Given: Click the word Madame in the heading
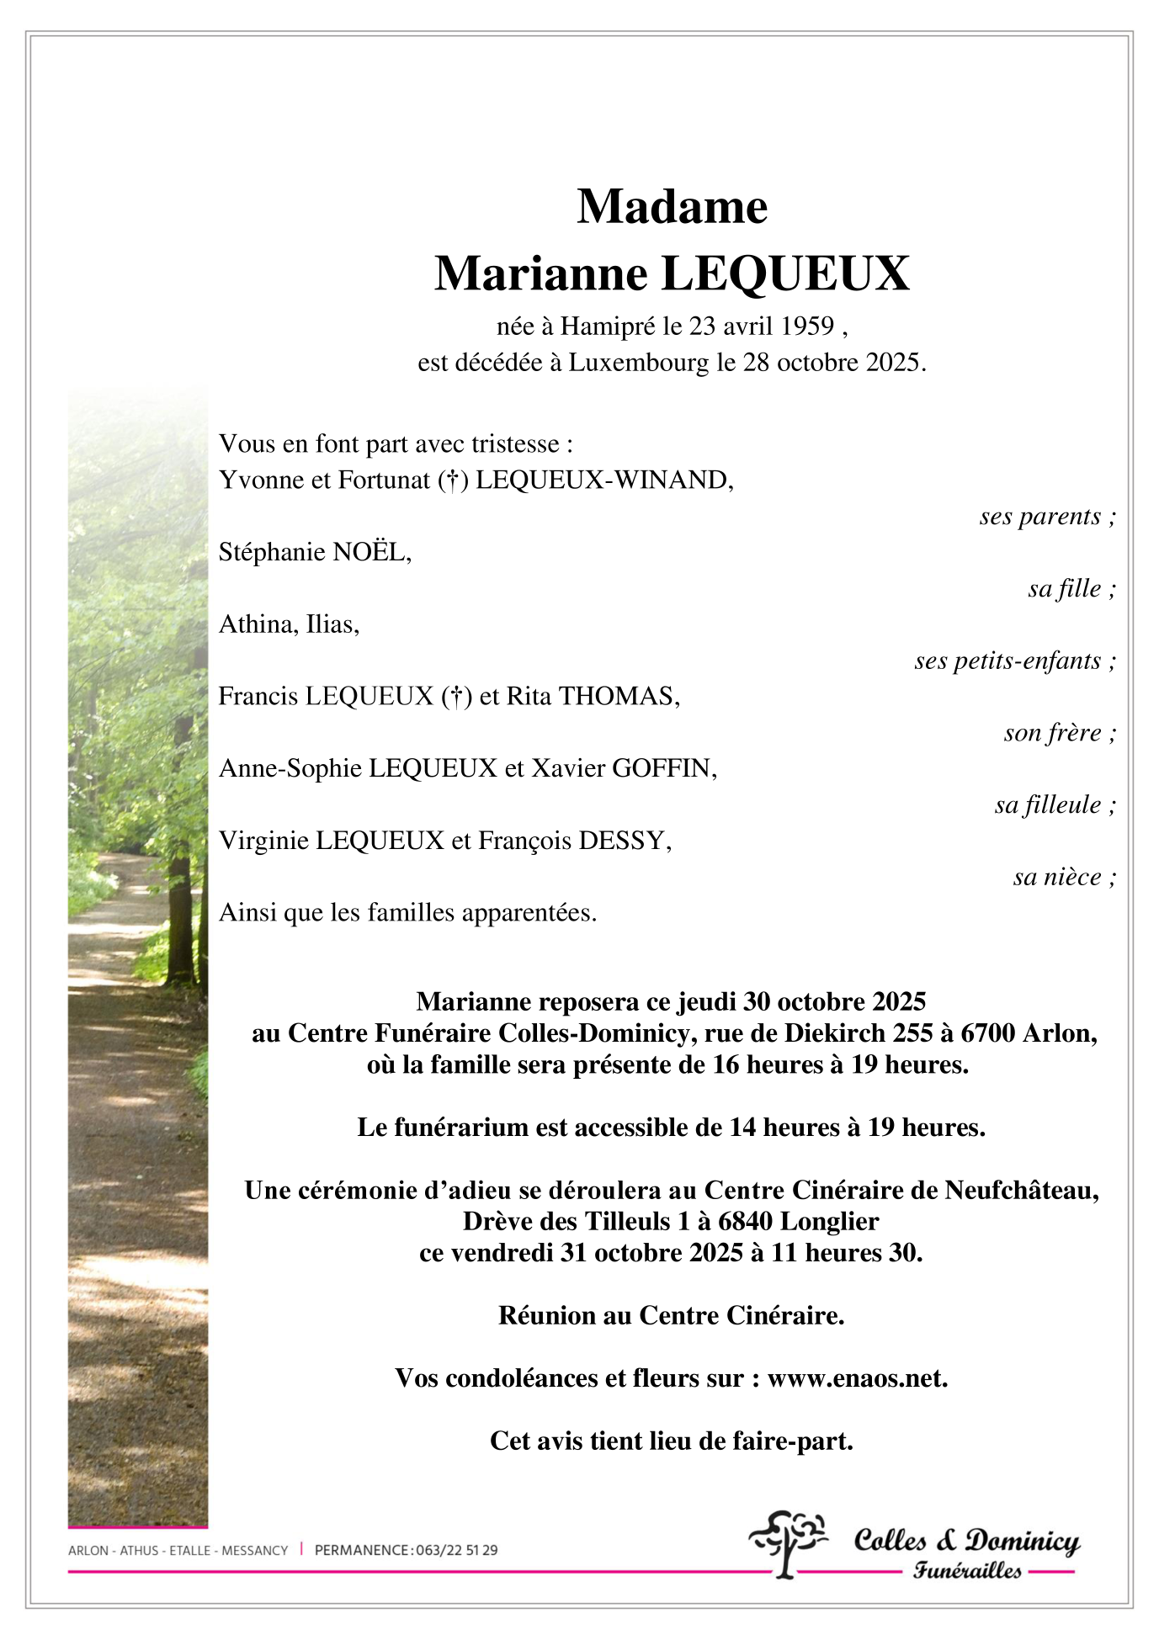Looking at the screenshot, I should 672,207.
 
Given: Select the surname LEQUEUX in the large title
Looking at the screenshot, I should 785,274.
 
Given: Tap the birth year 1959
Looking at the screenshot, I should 806,326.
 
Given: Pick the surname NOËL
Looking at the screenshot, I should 369,552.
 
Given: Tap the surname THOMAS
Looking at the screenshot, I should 619,697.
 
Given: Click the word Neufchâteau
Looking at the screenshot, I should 1021,1191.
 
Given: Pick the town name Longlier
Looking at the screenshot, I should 829,1222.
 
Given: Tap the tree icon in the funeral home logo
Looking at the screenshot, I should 787,1542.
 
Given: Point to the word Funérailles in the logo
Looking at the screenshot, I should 967,1570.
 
